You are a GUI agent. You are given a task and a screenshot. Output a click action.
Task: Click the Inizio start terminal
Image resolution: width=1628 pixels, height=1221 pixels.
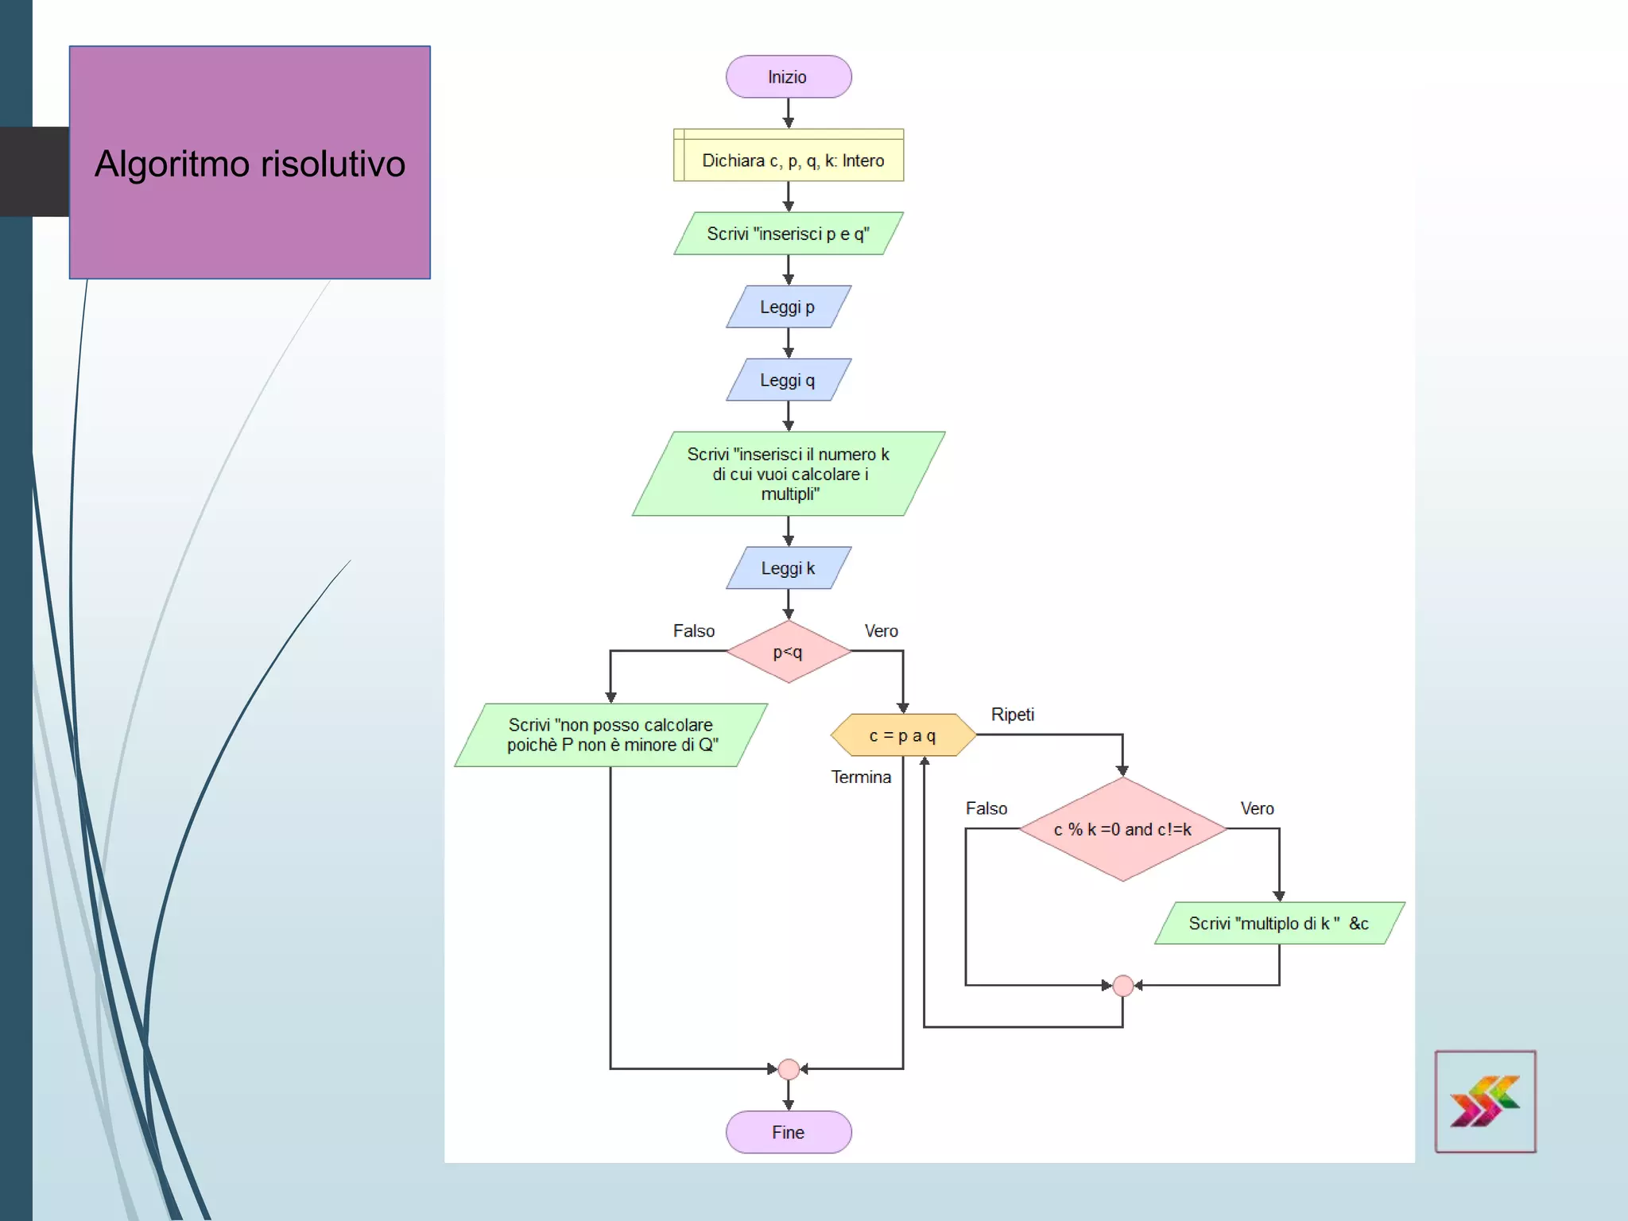click(788, 77)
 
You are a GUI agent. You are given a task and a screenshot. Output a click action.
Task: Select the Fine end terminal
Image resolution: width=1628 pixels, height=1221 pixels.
click(788, 1132)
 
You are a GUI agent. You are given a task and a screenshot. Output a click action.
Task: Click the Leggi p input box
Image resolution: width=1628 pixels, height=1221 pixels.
click(788, 307)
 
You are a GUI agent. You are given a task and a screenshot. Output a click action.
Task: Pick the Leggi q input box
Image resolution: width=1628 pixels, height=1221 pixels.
click(788, 380)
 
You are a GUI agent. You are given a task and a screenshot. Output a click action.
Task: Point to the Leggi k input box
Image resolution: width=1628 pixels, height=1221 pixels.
click(788, 568)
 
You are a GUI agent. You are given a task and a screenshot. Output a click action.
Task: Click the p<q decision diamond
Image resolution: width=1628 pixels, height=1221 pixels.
click(788, 652)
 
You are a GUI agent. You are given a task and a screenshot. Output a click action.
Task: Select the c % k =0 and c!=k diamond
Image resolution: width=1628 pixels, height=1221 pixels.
click(1122, 829)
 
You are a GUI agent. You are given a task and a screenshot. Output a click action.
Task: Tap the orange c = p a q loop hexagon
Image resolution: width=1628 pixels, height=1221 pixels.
click(902, 735)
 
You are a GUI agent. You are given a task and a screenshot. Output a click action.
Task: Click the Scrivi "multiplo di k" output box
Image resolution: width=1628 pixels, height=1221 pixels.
click(1278, 923)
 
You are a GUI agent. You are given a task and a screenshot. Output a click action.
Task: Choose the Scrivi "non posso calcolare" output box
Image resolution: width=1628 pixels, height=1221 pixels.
click(610, 735)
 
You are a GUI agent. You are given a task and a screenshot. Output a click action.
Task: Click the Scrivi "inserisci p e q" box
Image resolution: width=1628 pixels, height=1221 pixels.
click(788, 234)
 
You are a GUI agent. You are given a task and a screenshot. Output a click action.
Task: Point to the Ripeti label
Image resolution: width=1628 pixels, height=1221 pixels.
click(1012, 714)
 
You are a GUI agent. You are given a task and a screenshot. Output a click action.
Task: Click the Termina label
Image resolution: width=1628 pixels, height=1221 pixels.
click(861, 777)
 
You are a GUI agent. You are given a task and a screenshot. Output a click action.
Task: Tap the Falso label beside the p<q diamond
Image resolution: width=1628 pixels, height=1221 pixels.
click(693, 630)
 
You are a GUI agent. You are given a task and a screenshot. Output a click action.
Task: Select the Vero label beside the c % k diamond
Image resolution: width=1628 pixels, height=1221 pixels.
click(1257, 808)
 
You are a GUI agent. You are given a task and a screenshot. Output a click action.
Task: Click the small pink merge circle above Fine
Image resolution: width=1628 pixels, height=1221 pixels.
click(788, 1069)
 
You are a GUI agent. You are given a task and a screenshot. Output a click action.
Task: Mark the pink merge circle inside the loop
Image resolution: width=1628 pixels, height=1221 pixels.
click(1122, 986)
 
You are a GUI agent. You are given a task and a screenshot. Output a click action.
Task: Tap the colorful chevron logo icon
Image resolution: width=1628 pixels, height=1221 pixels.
click(1484, 1101)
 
